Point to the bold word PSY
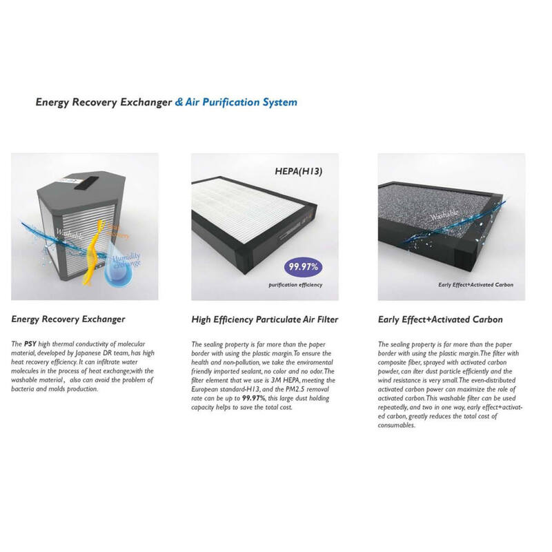click(30, 344)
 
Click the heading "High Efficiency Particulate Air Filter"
click(265, 319)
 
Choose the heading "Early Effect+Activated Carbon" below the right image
click(440, 319)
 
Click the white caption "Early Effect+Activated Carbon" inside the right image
click(476, 284)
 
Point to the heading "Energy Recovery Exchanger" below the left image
click(68, 319)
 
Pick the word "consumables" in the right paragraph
click(396, 425)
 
